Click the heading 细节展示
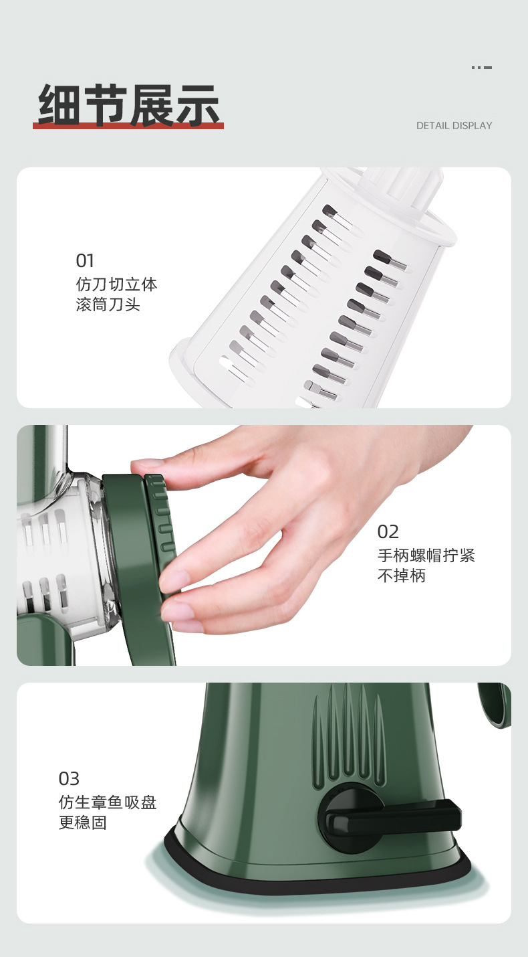128,104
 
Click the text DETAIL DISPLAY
454,126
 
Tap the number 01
85,261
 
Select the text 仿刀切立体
116,284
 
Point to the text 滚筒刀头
108,305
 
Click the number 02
388,532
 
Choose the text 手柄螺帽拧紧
426,555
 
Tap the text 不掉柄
401,576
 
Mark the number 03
69,779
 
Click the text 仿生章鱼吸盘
108,802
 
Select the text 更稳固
83,822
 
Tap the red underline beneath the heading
128,126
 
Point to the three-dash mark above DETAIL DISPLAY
482,68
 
